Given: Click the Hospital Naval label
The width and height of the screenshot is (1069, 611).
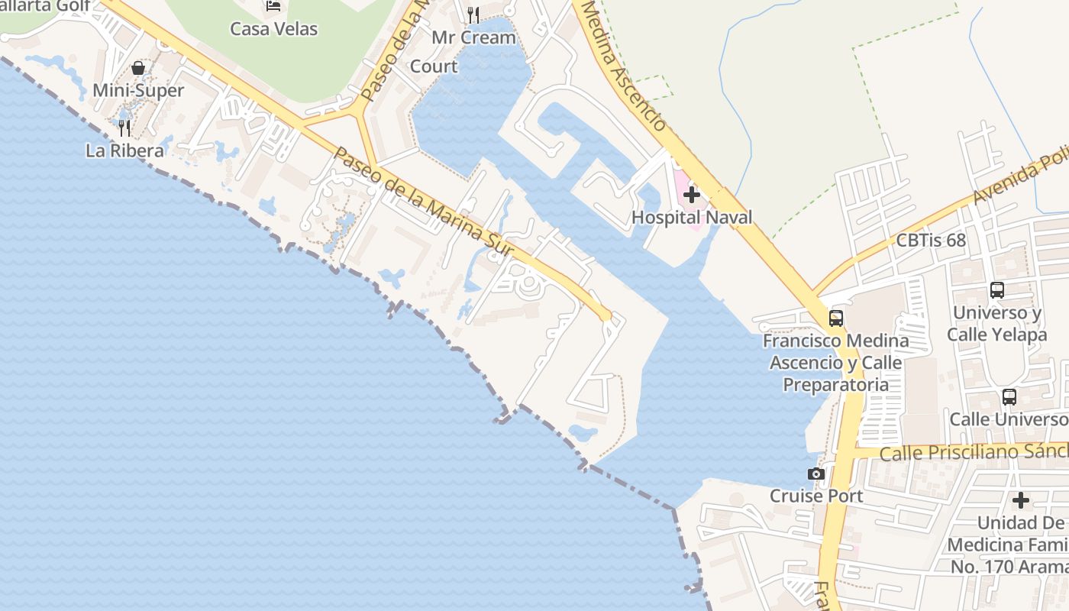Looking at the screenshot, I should point(692,218).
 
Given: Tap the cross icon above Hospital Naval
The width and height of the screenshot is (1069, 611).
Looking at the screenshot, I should point(692,195).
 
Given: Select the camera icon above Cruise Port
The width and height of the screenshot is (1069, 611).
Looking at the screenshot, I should point(816,474).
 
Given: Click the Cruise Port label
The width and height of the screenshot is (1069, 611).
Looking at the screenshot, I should point(816,496).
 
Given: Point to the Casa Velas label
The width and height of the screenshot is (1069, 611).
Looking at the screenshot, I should point(274,29).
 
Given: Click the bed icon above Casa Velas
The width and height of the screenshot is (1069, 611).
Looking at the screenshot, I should point(274,6).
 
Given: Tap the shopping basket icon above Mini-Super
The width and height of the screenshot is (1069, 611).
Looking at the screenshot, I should point(138,69).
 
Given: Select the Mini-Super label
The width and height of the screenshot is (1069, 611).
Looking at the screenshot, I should point(138,91).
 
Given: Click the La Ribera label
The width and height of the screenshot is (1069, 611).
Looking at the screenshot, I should point(124,150).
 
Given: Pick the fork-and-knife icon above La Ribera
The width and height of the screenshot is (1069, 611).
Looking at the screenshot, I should point(124,128).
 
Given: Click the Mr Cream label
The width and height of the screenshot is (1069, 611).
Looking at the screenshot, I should point(473,37).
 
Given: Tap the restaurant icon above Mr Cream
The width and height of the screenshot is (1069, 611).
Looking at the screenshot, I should point(473,15).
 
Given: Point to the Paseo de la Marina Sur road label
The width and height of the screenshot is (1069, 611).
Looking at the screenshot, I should point(425,202).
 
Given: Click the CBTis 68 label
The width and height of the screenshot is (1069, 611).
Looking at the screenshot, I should point(931,241).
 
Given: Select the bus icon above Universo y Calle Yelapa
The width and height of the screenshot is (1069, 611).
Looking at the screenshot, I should point(997,290).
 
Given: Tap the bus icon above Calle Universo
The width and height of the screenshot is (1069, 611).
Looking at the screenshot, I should point(1009,397).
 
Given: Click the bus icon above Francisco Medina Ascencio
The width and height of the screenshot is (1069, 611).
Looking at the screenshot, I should point(836,318).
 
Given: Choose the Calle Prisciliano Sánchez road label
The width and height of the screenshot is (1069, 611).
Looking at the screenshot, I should point(974,452).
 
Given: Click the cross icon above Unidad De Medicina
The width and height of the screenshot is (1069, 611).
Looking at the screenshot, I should point(1021,501).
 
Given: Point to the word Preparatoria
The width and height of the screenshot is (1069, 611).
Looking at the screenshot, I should point(836,384).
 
